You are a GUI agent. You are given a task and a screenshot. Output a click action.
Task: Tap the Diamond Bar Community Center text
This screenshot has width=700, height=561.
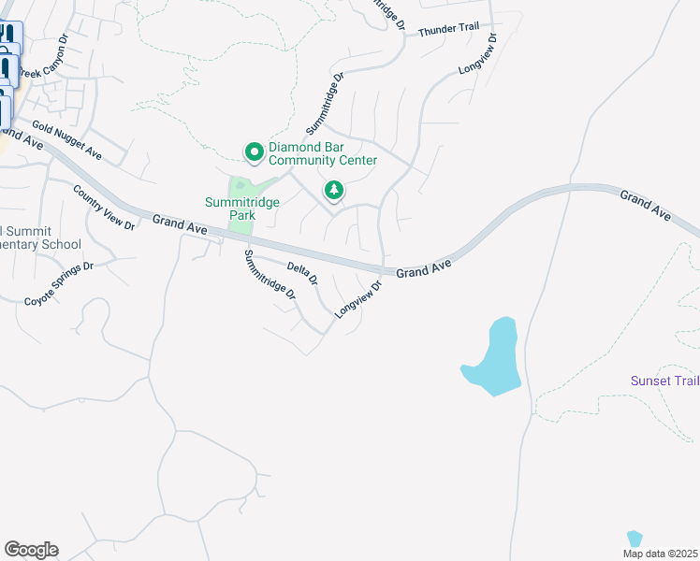323,153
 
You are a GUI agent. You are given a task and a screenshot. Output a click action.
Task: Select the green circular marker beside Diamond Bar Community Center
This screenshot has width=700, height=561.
253,151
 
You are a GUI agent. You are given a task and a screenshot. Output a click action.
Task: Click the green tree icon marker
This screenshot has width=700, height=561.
333,191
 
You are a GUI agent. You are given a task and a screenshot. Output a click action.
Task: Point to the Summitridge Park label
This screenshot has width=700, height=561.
230,209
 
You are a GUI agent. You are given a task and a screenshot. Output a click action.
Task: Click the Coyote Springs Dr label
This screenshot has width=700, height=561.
59,283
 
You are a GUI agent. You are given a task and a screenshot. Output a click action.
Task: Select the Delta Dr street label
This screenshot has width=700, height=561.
302,274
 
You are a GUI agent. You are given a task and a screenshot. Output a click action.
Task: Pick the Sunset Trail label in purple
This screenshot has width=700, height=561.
664,381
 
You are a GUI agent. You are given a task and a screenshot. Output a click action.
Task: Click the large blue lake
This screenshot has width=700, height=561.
495,359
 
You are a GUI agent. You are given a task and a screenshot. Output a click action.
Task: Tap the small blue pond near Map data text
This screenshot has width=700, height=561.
634,539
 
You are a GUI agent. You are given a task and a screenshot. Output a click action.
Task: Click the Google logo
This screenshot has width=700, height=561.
31,550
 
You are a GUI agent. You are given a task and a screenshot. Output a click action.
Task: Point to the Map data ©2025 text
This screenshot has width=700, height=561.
661,553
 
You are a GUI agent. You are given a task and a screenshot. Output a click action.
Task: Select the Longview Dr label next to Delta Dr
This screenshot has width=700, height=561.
359,299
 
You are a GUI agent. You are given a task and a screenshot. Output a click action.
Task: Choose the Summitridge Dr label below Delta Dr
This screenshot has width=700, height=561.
270,274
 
